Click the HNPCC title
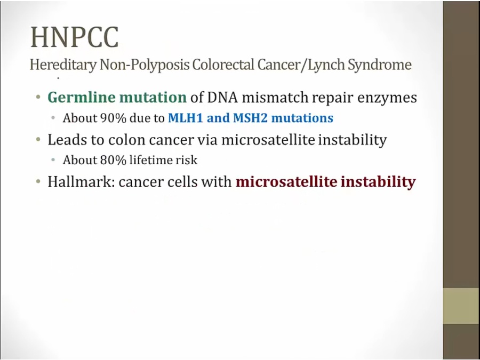click(x=74, y=37)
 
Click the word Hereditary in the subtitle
click(x=63, y=65)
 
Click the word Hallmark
click(x=82, y=182)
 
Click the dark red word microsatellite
click(x=286, y=182)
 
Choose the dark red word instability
click(x=378, y=182)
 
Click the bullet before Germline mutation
click(x=38, y=98)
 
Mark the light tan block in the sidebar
click(x=461, y=306)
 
